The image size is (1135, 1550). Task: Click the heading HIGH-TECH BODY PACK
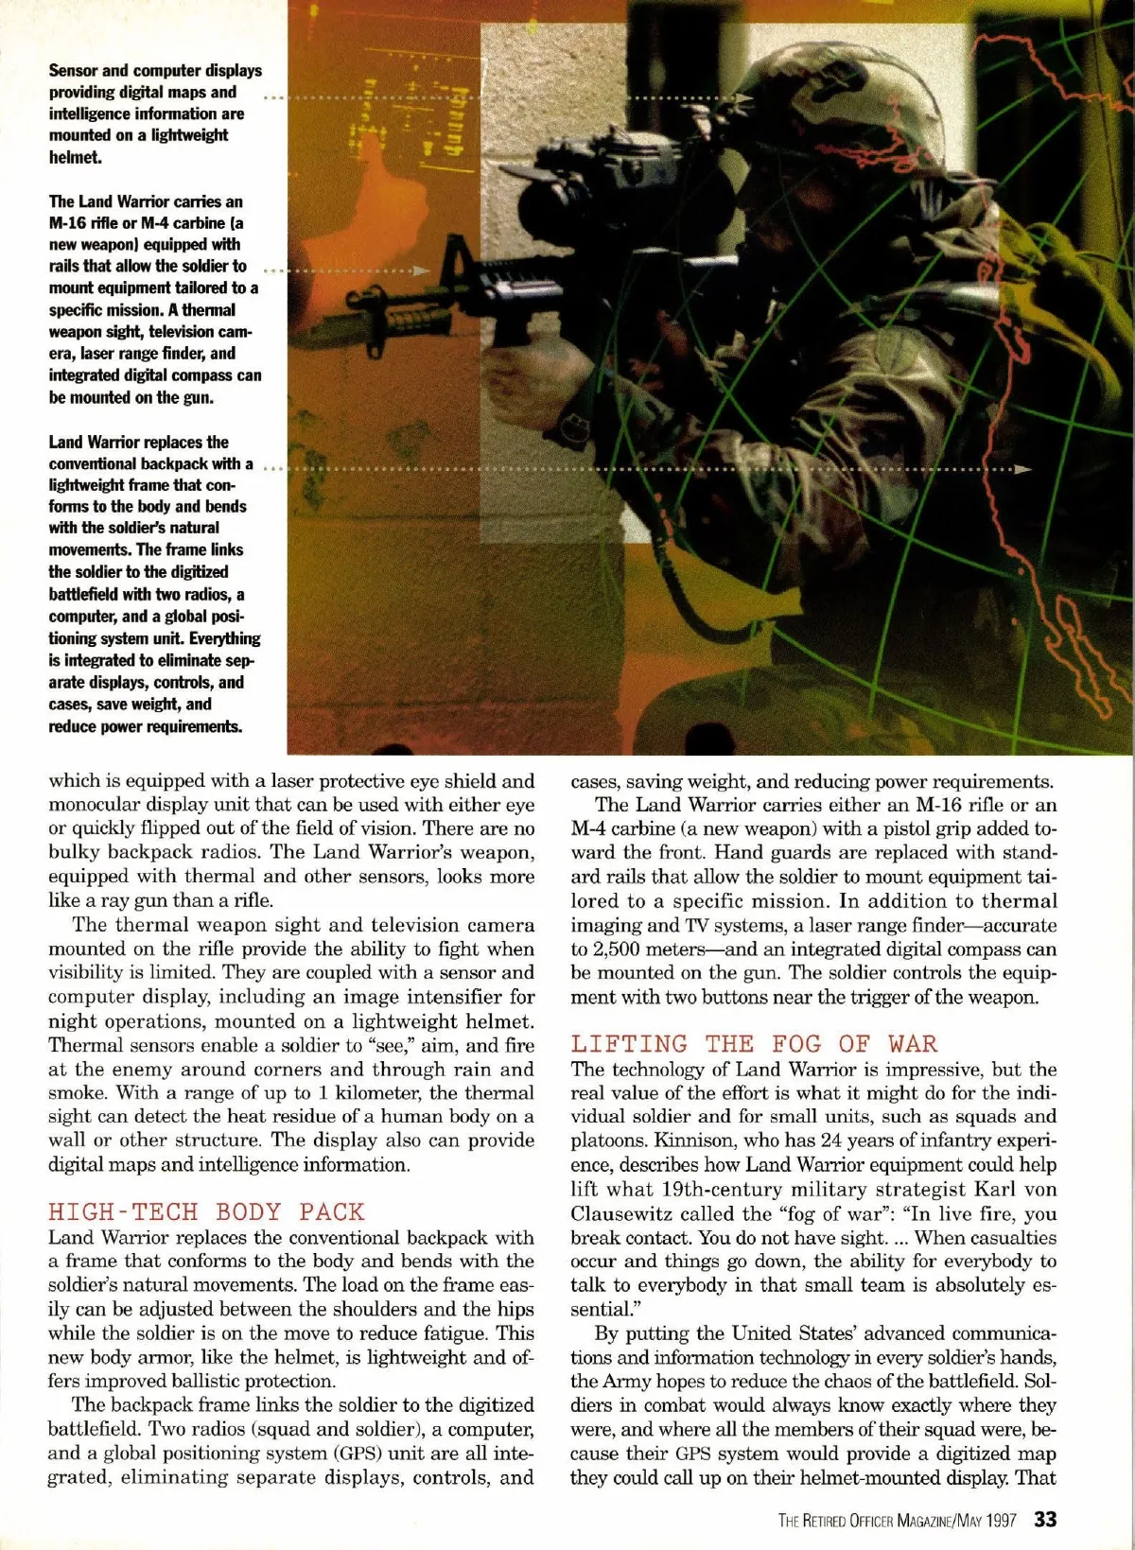[x=206, y=1212]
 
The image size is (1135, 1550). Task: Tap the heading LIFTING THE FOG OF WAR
[x=754, y=1044]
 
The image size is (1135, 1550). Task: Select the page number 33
[x=1045, y=1520]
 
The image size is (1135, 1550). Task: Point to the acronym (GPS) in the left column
[x=354, y=1454]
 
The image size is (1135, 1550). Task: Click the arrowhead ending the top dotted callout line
[x=746, y=98]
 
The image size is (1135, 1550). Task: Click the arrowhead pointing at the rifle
[x=423, y=270]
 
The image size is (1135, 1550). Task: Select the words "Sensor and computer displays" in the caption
[x=155, y=70]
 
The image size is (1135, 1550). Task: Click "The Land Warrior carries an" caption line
[x=146, y=201]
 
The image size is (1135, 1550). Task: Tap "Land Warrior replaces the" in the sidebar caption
[x=138, y=442]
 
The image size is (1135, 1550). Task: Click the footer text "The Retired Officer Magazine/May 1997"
[x=898, y=1521]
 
